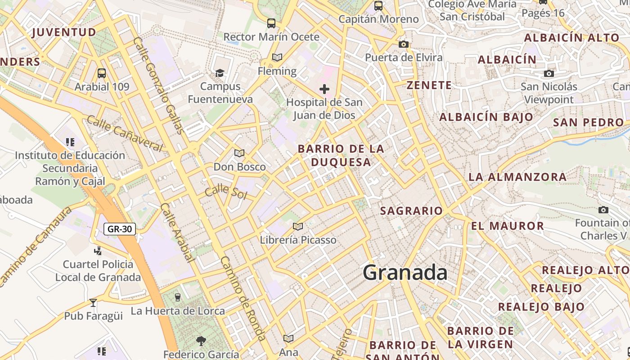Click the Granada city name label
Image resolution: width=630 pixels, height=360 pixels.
tap(405, 273)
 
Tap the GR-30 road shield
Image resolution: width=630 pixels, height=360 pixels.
tap(120, 229)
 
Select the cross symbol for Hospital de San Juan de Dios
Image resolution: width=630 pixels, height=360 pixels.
tap(324, 89)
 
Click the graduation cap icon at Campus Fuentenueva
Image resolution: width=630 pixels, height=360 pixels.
tap(220, 73)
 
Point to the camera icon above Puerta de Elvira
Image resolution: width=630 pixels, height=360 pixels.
tap(404, 44)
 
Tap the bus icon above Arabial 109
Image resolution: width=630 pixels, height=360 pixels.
tap(102, 73)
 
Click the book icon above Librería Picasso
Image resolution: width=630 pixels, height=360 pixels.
tap(297, 226)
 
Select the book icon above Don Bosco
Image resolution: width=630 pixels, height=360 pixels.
tap(239, 153)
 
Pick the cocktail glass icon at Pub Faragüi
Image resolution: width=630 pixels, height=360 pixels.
tap(93, 302)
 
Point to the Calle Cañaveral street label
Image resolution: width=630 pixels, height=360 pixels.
tap(124, 133)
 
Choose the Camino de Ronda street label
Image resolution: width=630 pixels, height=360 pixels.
tap(243, 299)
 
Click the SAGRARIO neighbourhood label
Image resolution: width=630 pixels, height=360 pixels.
tap(411, 211)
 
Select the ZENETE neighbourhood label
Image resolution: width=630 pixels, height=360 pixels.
tap(429, 85)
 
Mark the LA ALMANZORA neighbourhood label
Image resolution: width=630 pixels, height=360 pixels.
tap(517, 177)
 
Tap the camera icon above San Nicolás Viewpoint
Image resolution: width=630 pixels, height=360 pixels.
tap(549, 73)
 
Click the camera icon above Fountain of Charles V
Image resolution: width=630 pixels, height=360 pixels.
tap(603, 210)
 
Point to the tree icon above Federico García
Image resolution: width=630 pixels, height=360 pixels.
tap(201, 341)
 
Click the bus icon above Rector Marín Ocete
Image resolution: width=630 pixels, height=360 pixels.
tap(271, 23)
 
